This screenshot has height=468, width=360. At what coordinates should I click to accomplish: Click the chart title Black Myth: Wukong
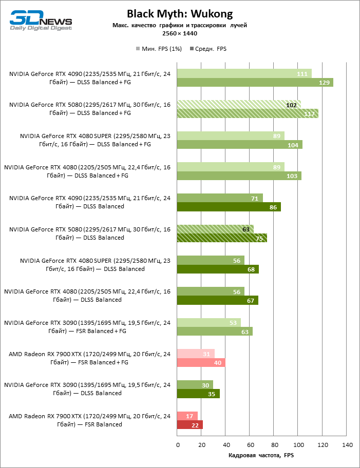pos(180,13)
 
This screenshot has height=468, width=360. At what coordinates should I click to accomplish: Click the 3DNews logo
pos(41,21)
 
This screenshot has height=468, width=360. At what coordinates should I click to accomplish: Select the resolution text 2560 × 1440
pos(180,33)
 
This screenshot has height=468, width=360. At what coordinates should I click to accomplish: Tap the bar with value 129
pos(255,83)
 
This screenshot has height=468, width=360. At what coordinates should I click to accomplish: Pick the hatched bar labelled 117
pos(248,114)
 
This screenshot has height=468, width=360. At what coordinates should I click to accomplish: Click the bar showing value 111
pos(244,74)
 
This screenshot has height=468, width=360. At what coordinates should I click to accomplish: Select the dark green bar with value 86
pos(229,207)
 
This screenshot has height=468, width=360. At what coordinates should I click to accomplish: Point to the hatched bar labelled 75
pos(222,238)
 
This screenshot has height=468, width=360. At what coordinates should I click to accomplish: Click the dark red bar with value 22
pos(190,425)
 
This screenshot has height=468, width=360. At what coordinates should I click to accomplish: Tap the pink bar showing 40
pos(201,363)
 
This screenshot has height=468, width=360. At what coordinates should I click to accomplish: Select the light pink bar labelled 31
pos(195,354)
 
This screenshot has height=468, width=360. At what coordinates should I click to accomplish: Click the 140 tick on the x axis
pos(347,444)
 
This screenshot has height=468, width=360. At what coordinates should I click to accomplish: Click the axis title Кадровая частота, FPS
pos(261,455)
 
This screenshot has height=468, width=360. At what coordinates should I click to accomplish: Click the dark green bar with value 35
pos(198,394)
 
